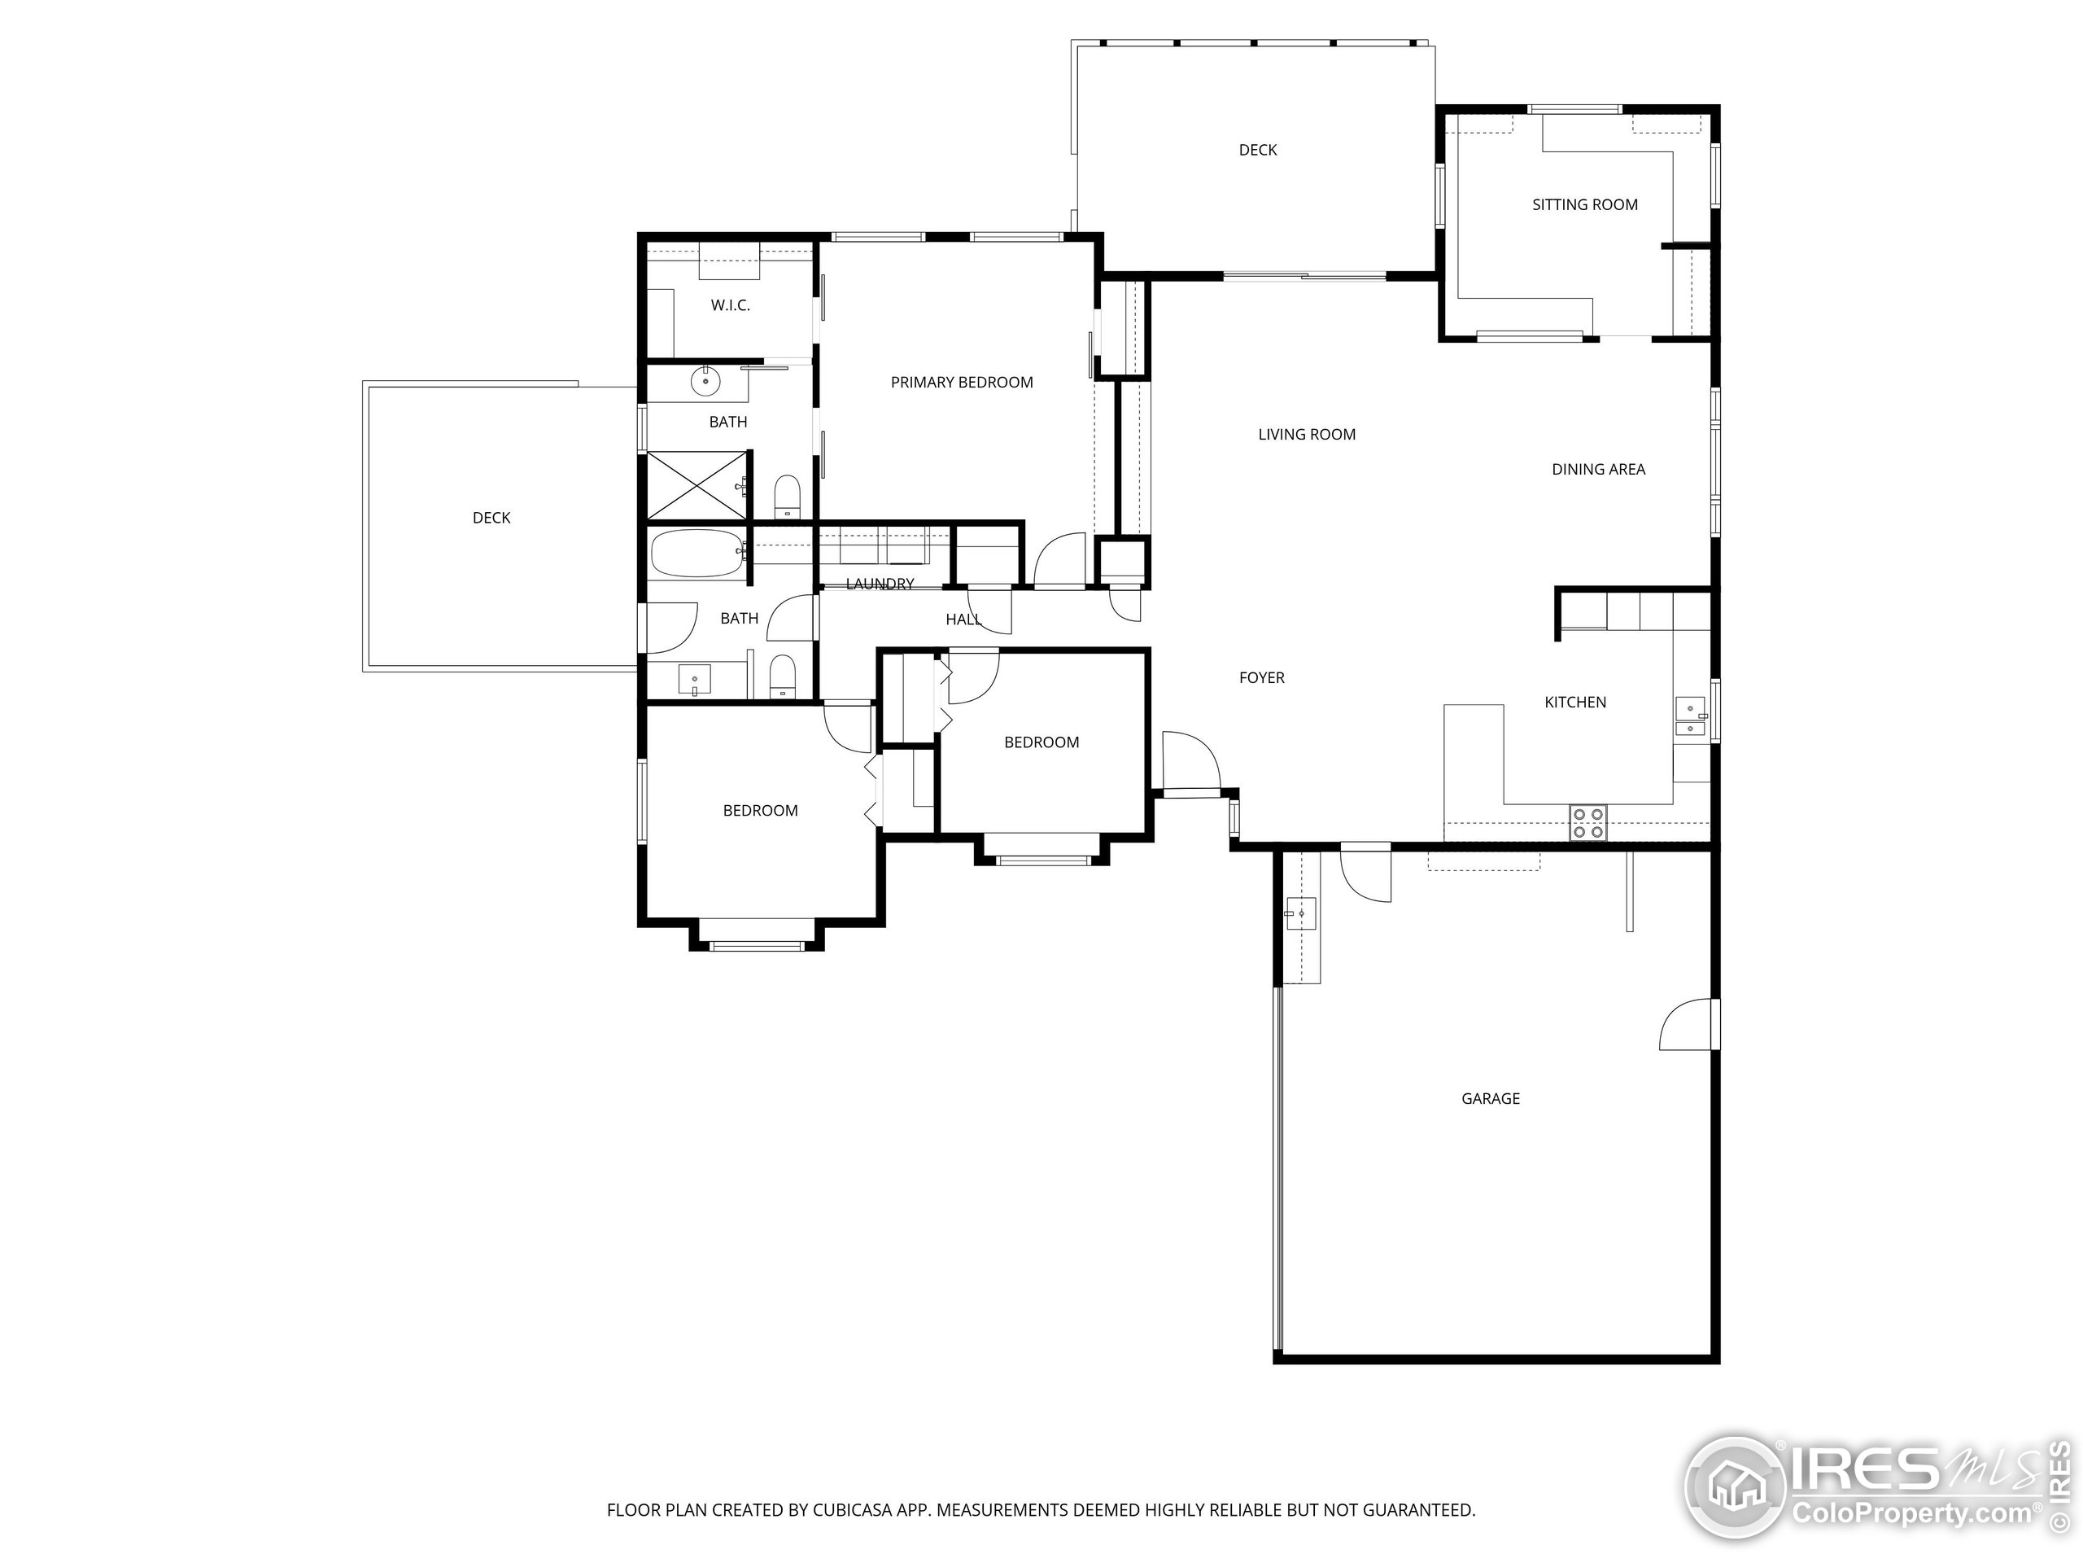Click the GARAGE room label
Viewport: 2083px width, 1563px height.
tap(1490, 1098)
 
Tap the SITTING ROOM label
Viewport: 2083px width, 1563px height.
tap(1584, 204)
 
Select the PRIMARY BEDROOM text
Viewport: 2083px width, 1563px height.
tap(962, 383)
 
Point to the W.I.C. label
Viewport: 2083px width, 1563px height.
tap(730, 305)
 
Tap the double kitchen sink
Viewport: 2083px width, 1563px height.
tap(1690, 718)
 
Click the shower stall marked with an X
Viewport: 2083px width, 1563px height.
tap(696, 486)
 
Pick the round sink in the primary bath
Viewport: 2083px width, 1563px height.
tap(705, 382)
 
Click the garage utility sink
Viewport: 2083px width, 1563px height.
tap(1300, 913)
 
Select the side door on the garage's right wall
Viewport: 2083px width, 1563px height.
tap(1688, 1026)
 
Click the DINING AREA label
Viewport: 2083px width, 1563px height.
tap(1598, 469)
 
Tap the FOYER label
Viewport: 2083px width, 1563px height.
tap(1261, 677)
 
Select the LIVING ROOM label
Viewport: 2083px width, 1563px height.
tap(1306, 435)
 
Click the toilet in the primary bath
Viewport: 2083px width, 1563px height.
tap(786, 496)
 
